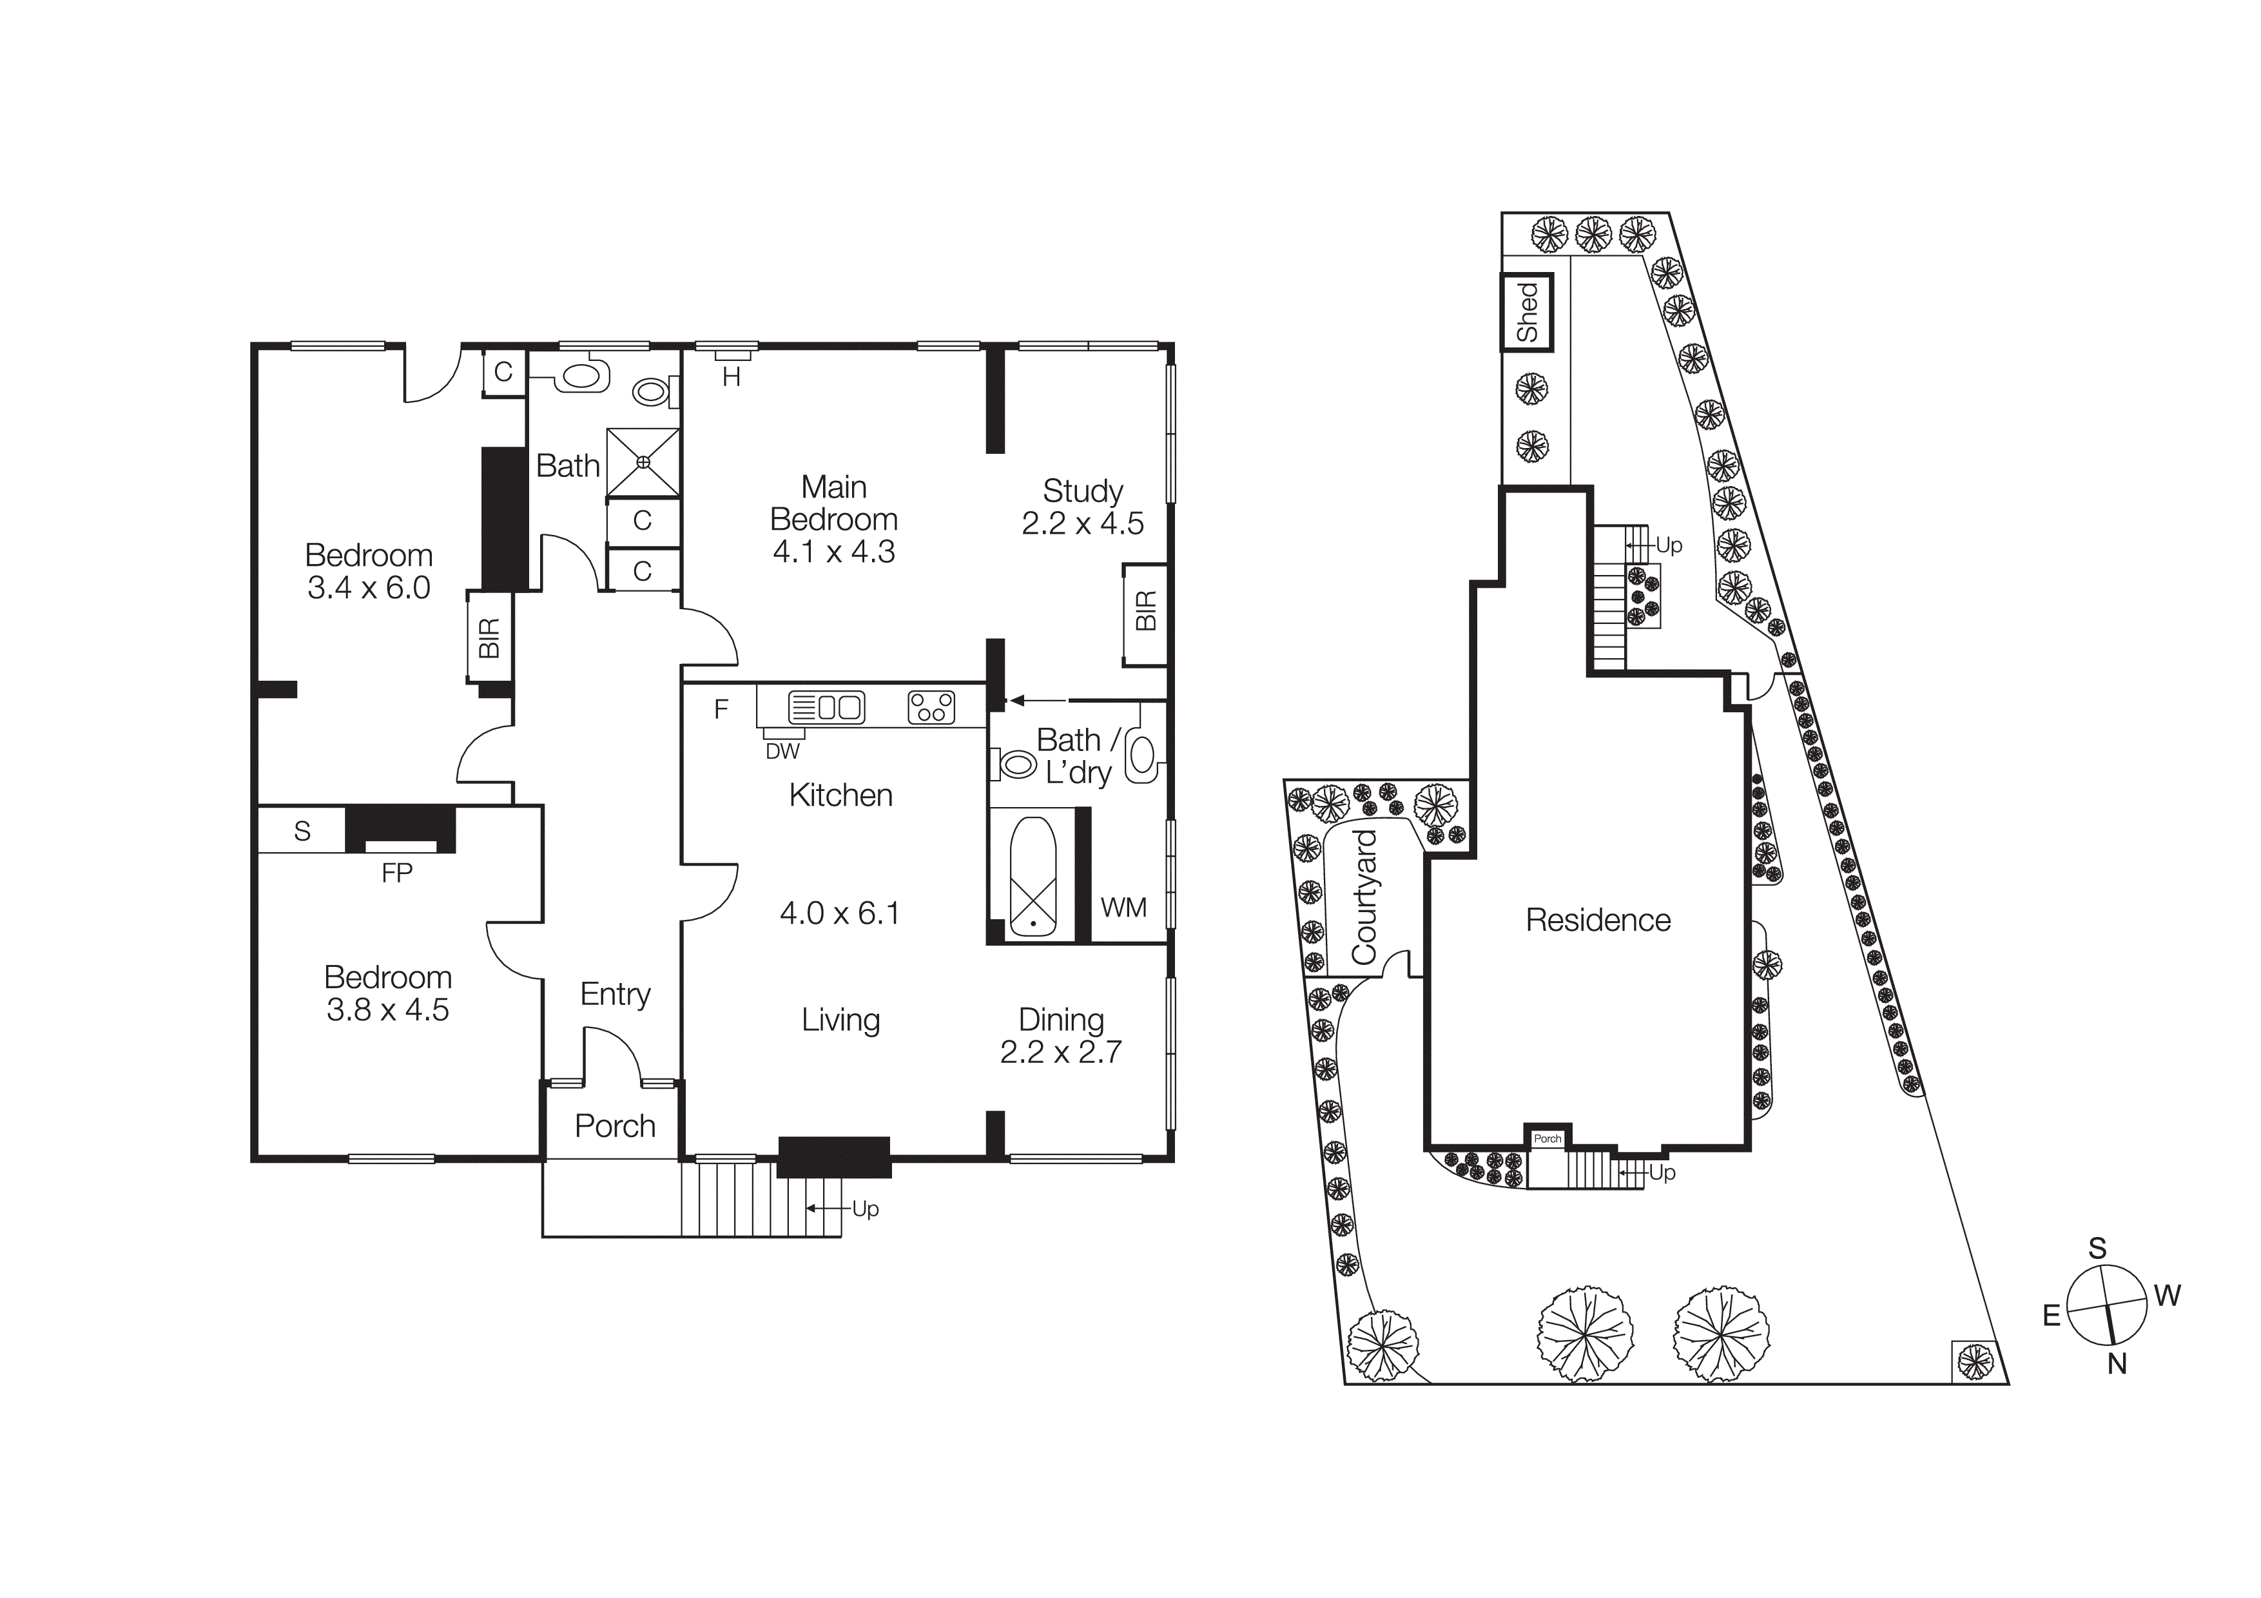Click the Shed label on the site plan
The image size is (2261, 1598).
tap(1526, 312)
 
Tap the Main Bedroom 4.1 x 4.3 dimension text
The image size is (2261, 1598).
tap(833, 551)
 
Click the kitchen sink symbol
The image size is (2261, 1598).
tap(825, 707)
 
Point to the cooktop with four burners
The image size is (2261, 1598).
tap(931, 707)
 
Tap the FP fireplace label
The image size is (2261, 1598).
tap(397, 872)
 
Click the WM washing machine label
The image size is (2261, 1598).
tap(1123, 907)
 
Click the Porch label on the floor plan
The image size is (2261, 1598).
tap(614, 1125)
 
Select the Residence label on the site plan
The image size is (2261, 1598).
tap(1597, 920)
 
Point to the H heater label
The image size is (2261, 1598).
tap(731, 377)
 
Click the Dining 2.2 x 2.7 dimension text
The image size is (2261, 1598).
tap(1061, 1051)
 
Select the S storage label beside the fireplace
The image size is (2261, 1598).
tap(302, 831)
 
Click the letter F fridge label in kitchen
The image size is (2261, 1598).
tap(721, 709)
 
